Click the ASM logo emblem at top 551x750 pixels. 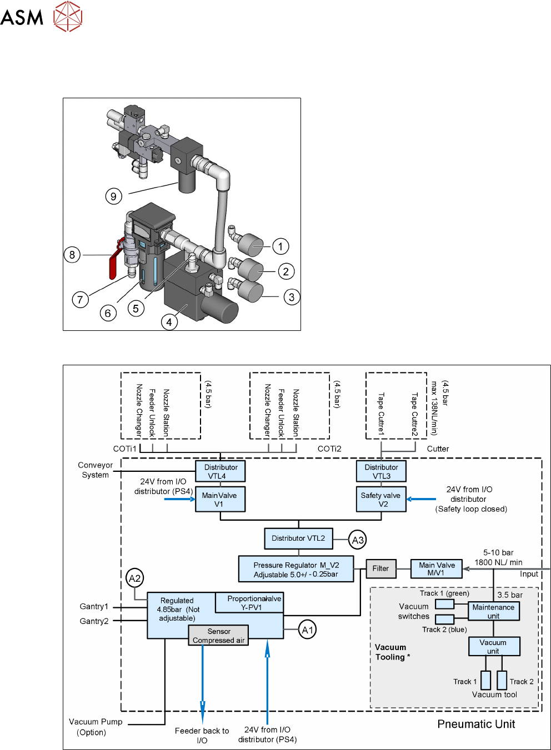(x=68, y=16)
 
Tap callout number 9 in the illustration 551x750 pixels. (x=113, y=196)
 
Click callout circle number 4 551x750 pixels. (x=169, y=322)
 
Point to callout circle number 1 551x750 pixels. (x=280, y=246)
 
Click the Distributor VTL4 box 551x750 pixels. (x=221, y=471)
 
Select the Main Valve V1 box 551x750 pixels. (x=219, y=500)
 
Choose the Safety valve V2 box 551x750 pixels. (x=381, y=500)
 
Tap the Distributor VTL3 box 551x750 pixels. (x=381, y=471)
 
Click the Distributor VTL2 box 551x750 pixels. (x=298, y=538)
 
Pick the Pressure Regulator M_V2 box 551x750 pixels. (x=295, y=570)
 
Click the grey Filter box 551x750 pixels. (x=380, y=568)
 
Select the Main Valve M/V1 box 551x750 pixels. (x=437, y=568)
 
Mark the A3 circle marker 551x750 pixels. (x=358, y=540)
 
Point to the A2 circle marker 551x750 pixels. (x=134, y=578)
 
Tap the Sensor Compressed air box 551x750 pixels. (x=218, y=636)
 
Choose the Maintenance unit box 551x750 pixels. (x=493, y=611)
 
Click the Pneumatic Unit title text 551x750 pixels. (x=476, y=724)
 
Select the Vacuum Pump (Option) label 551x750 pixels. (x=95, y=727)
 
